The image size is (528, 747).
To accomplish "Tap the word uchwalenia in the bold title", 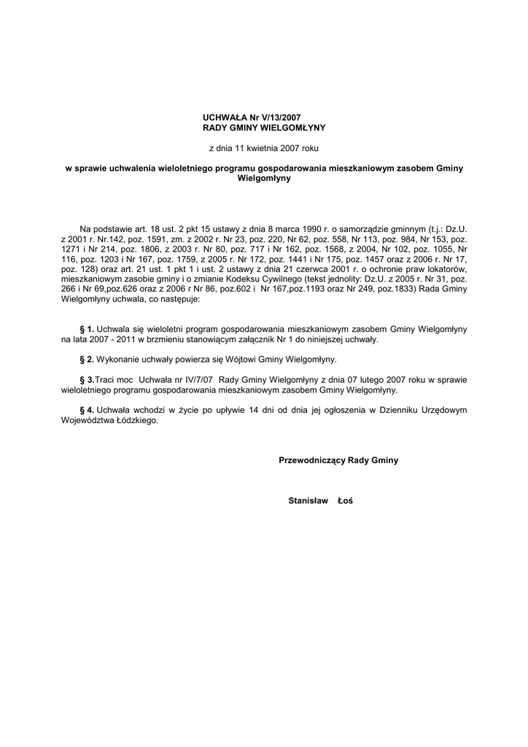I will pyautogui.click(x=126, y=168).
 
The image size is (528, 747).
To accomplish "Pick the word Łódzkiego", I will pyautogui.click(x=136, y=420).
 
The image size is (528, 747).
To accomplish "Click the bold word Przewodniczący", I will pyautogui.click(x=312, y=461).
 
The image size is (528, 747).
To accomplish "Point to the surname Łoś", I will pyautogui.click(x=344, y=502).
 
